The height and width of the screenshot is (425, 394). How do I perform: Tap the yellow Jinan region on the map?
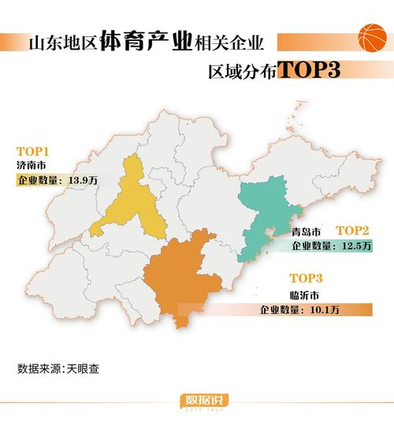131,201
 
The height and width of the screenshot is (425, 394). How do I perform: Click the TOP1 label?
33,150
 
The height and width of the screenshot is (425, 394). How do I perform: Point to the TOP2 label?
352,230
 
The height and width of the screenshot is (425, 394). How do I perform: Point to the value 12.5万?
354,246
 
